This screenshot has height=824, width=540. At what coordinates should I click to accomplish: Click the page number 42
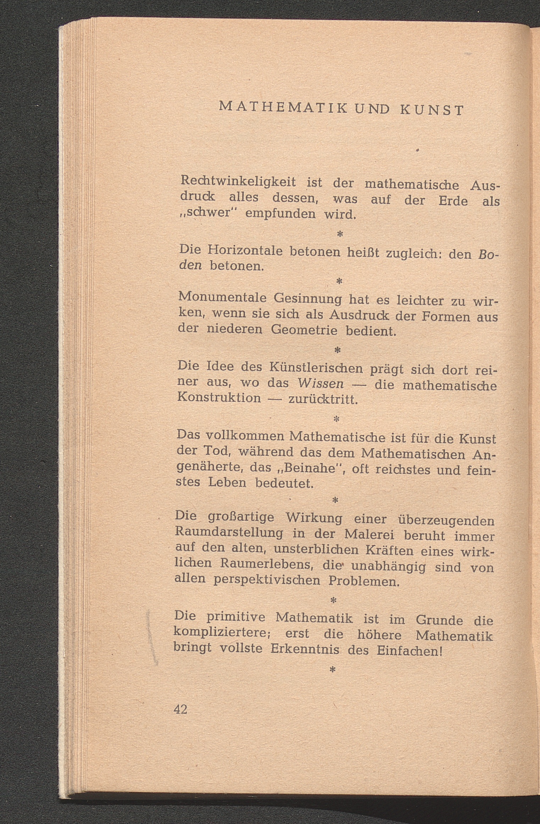click(180, 709)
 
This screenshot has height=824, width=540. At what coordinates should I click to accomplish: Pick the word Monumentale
click(222, 297)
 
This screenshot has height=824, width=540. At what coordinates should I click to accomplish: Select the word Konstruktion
click(219, 397)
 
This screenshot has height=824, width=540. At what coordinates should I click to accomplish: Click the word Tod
click(217, 451)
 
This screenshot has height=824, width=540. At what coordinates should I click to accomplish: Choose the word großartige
click(240, 517)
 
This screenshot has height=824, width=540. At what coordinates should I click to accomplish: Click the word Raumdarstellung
click(229, 532)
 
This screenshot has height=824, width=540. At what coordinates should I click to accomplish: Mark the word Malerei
click(370, 534)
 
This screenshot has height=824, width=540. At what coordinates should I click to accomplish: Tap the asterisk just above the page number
click(332, 669)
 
